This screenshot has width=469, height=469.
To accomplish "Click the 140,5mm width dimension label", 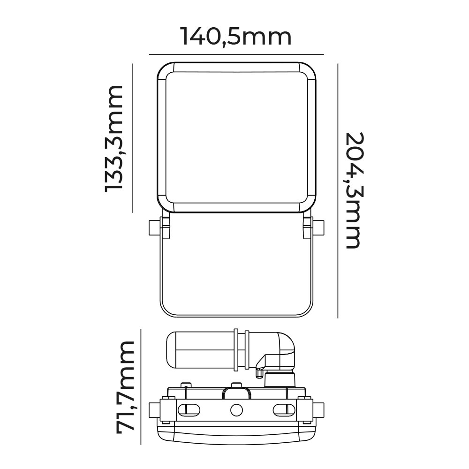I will (x=236, y=37).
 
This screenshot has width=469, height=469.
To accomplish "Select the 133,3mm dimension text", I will (x=114, y=138).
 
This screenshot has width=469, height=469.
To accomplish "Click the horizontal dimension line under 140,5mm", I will (x=236, y=54).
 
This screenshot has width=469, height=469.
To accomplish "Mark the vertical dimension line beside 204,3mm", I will (x=338, y=190).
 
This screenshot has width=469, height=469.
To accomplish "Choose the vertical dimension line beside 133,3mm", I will (x=133, y=138).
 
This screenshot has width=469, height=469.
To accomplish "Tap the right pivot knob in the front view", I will (x=319, y=227).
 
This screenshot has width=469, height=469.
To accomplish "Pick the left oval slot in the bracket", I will (x=189, y=409).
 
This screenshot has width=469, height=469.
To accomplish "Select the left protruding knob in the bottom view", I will (x=154, y=409).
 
